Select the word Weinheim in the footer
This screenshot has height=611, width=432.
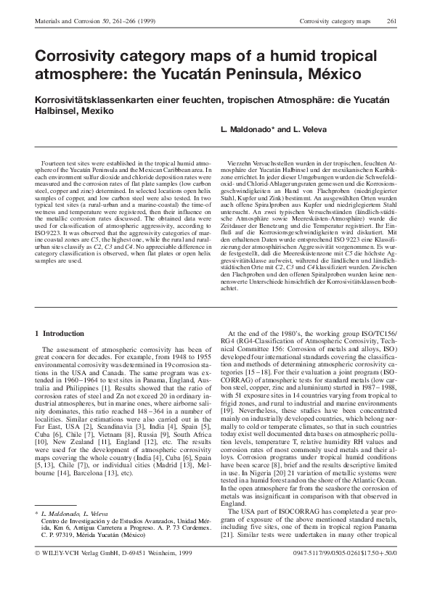[x=155, y=593]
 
